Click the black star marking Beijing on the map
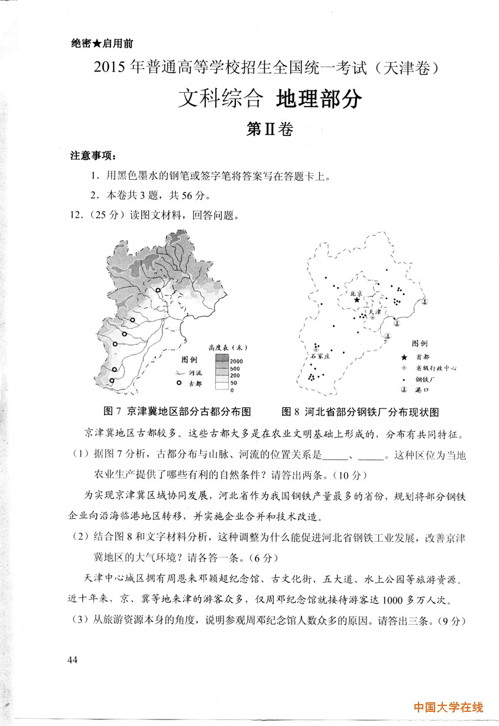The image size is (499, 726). click(357, 300)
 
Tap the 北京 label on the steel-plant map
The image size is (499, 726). click(356, 292)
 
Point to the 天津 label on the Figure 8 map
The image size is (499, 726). click(375, 311)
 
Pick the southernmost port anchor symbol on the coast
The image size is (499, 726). click(388, 336)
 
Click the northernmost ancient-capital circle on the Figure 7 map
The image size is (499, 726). click(158, 289)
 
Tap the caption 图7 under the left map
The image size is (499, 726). click(112, 411)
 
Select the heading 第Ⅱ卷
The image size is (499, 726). click(269, 129)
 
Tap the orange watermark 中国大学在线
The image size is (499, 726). click(448, 707)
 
